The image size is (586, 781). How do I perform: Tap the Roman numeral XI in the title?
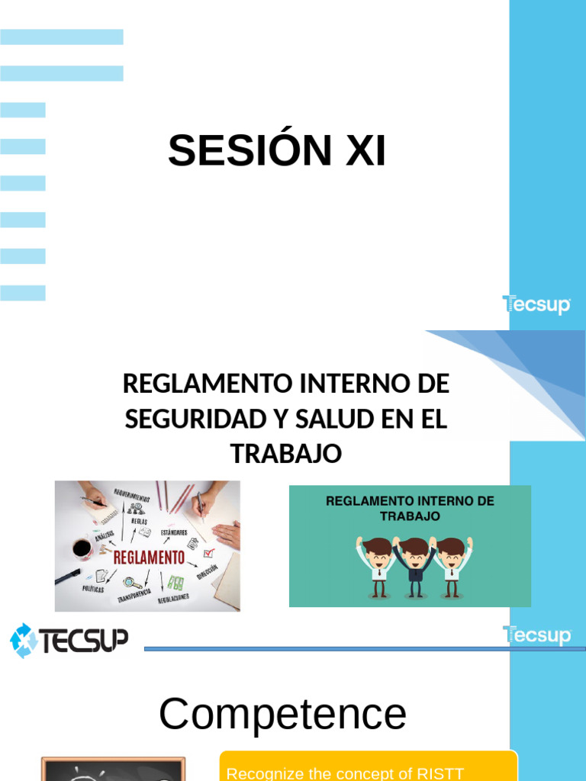[365, 150]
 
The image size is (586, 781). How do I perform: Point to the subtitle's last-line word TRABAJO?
[286, 453]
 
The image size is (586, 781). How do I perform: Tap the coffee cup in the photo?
[82, 548]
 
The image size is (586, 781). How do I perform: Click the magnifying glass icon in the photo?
[133, 583]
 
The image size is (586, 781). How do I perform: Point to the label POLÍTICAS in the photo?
[93, 590]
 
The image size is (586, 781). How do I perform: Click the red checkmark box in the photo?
[208, 552]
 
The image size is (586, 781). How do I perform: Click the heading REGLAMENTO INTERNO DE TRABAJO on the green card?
[410, 508]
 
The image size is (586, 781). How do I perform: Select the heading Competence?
[282, 715]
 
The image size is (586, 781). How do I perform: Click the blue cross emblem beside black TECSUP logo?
[24, 641]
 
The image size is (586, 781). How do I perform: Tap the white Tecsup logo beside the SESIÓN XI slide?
[536, 305]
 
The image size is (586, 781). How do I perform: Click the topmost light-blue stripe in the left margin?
[61, 37]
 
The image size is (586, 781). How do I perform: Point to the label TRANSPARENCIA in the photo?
[134, 596]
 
